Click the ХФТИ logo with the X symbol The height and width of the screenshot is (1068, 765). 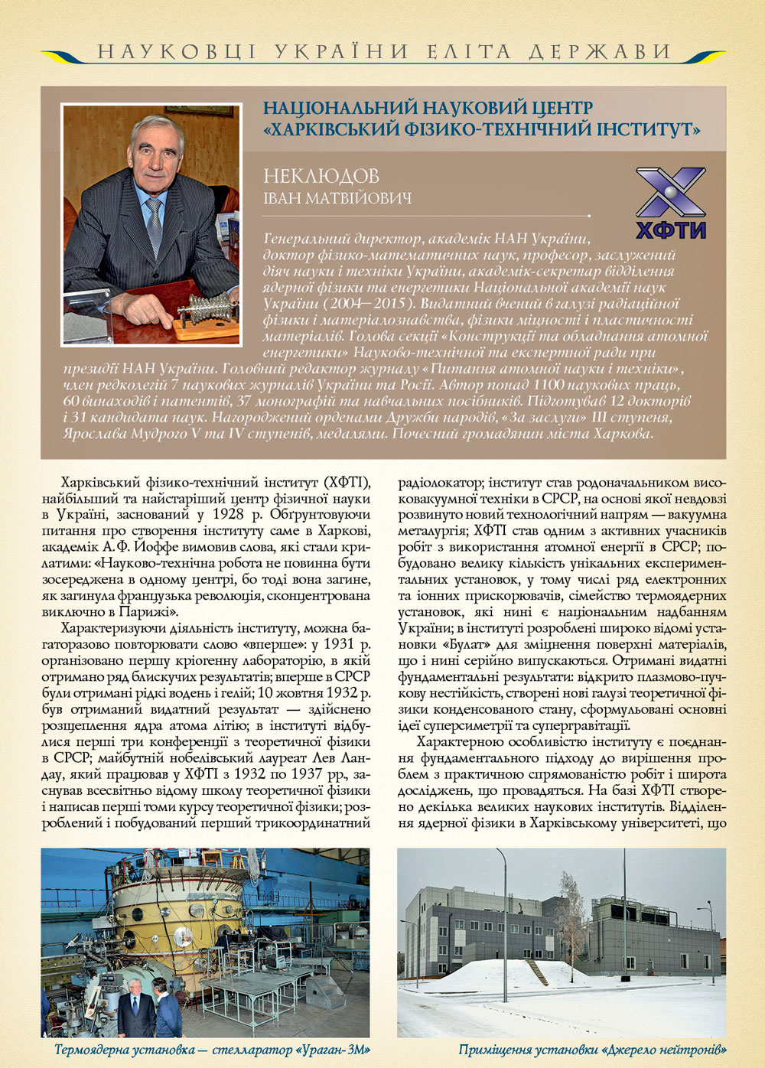671,203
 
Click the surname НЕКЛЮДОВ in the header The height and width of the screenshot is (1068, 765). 321,176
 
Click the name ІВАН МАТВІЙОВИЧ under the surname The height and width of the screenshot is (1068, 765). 337,199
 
